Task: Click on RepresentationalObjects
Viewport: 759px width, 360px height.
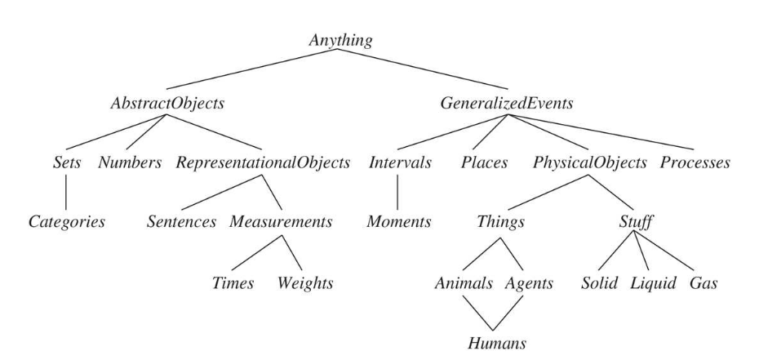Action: (264, 162)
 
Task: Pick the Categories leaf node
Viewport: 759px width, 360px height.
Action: (67, 221)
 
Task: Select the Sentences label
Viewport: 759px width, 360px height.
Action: (182, 221)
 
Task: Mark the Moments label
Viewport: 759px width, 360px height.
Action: (397, 221)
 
